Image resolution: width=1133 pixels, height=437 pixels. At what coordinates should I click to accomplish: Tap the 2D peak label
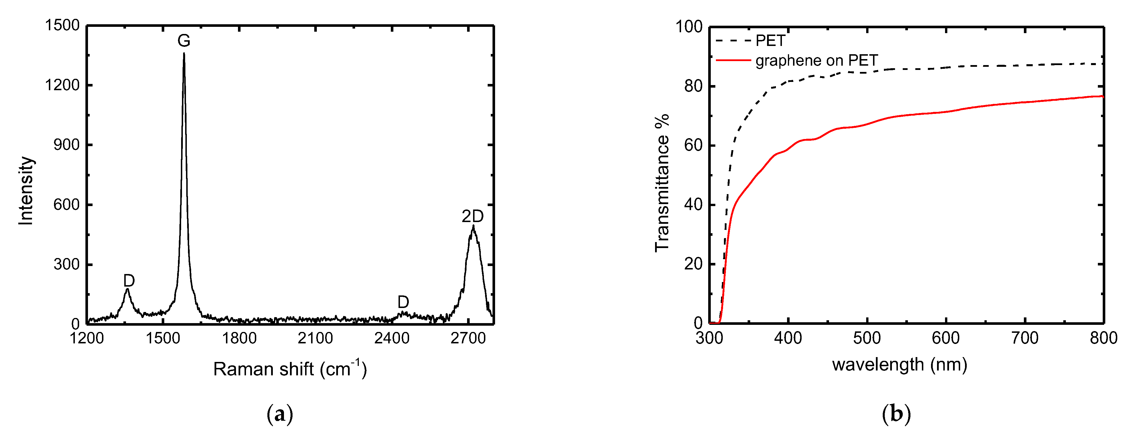[473, 216]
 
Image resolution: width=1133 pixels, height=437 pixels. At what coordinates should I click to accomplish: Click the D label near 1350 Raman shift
[129, 281]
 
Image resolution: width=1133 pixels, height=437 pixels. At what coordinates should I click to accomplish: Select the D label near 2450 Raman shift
[403, 302]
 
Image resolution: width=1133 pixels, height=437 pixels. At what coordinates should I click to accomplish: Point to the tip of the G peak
[184, 54]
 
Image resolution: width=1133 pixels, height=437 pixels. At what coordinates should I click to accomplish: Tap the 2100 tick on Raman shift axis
[315, 339]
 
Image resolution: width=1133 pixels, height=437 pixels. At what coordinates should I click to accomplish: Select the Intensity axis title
[26, 190]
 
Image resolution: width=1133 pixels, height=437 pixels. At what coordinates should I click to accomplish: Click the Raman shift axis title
[290, 369]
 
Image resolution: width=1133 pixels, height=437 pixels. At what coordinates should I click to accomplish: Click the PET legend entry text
[770, 41]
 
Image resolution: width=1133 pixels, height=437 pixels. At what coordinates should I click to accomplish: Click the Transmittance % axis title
[662, 182]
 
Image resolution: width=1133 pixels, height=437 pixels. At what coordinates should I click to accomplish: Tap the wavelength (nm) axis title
[899, 364]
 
